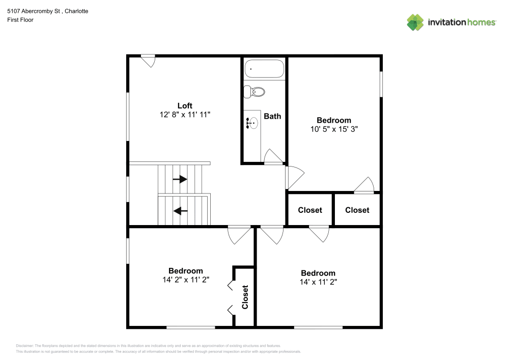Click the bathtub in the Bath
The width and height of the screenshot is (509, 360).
coord(264,69)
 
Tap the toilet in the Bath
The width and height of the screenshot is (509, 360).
coord(254,92)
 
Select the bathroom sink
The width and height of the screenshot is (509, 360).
coord(251,122)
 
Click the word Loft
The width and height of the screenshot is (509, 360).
coord(184,106)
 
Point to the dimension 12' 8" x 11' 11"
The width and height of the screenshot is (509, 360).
coord(184,115)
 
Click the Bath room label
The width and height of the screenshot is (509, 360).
coord(272,116)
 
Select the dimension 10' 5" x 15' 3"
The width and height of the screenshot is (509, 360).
coord(334,129)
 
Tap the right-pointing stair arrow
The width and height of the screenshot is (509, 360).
coord(180,179)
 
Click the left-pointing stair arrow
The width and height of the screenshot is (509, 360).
coord(180,210)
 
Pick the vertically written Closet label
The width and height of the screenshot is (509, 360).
coord(245,297)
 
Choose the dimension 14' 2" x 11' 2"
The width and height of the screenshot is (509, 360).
coord(185,280)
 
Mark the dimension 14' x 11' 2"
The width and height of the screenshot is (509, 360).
coord(318,282)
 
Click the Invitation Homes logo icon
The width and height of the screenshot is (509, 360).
coord(415,22)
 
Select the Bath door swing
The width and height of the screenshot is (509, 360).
coord(273,157)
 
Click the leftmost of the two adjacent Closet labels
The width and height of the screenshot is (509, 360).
coord(310,210)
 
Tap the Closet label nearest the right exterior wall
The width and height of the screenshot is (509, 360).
coord(357,210)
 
